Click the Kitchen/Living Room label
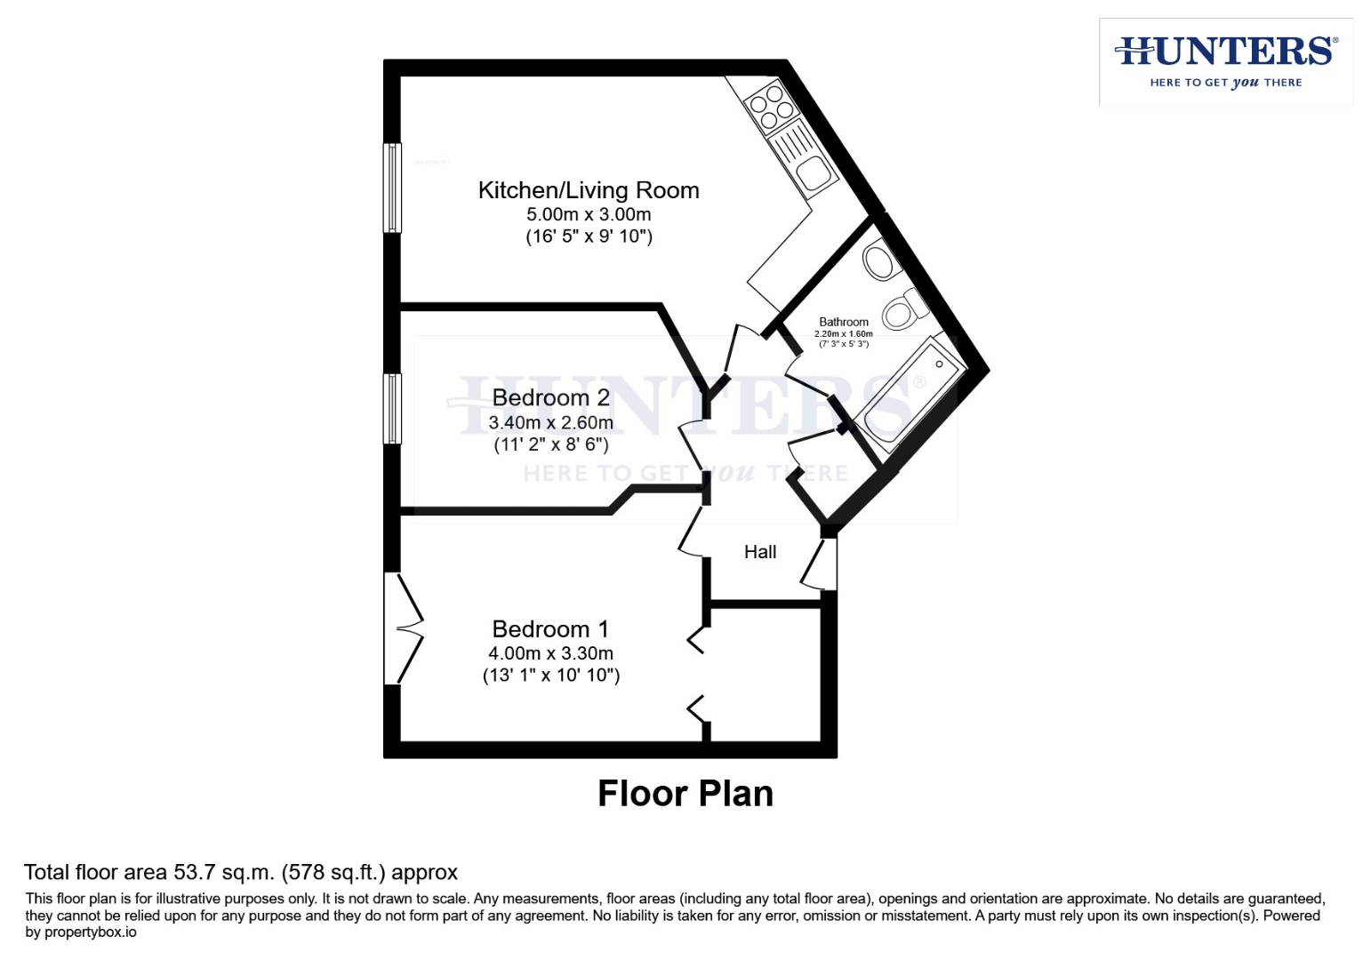[x=588, y=190]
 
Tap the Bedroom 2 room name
[x=550, y=397]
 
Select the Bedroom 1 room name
[x=550, y=629]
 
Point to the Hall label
[x=760, y=552]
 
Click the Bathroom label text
[x=844, y=322]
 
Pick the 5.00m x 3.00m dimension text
[x=588, y=214]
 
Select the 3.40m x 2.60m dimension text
[x=550, y=422]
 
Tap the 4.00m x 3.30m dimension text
[x=550, y=653]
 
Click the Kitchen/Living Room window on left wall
[x=392, y=188]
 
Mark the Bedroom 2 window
[x=392, y=408]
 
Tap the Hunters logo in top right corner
[x=1226, y=61]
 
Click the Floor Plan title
[x=685, y=794]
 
